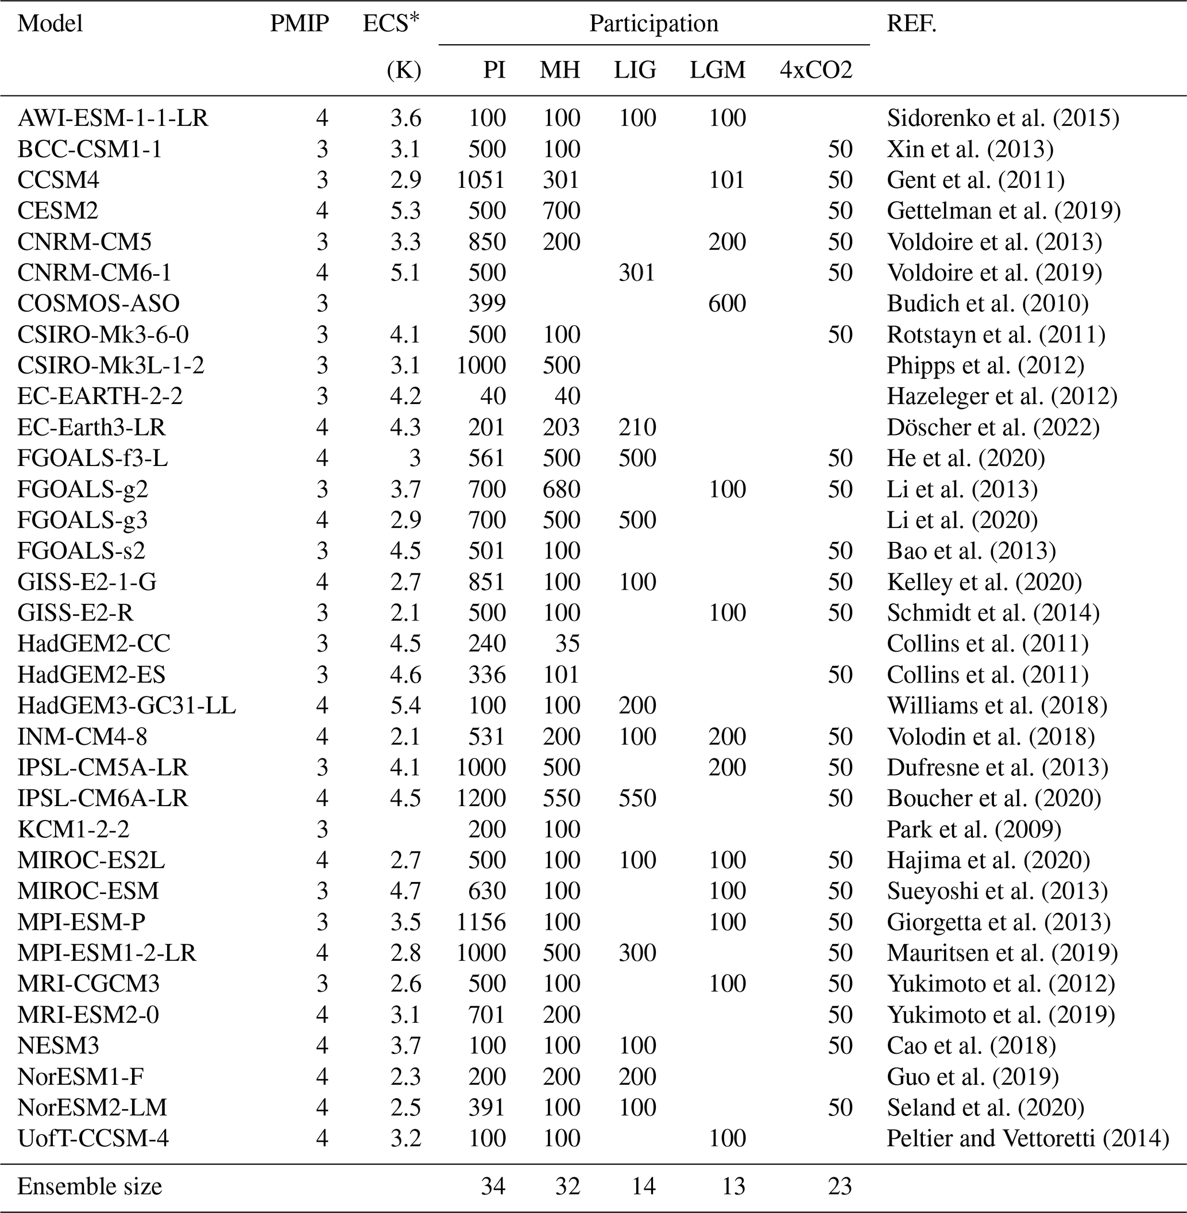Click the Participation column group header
(x=654, y=24)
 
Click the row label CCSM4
(x=58, y=180)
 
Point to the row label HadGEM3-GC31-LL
(x=126, y=706)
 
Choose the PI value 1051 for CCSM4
(x=481, y=180)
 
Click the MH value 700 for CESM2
(x=561, y=211)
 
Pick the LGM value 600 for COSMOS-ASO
(x=727, y=304)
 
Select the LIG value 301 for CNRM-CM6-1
(x=636, y=272)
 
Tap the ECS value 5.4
(x=405, y=706)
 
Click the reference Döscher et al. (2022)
(x=993, y=427)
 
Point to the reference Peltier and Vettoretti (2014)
(x=1027, y=1138)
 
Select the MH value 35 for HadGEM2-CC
(x=567, y=644)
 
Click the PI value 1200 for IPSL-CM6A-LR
(x=481, y=798)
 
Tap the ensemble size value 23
(x=840, y=1185)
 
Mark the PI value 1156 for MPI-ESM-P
(x=481, y=922)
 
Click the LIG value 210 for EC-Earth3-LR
(x=637, y=427)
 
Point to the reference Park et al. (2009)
(x=974, y=830)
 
